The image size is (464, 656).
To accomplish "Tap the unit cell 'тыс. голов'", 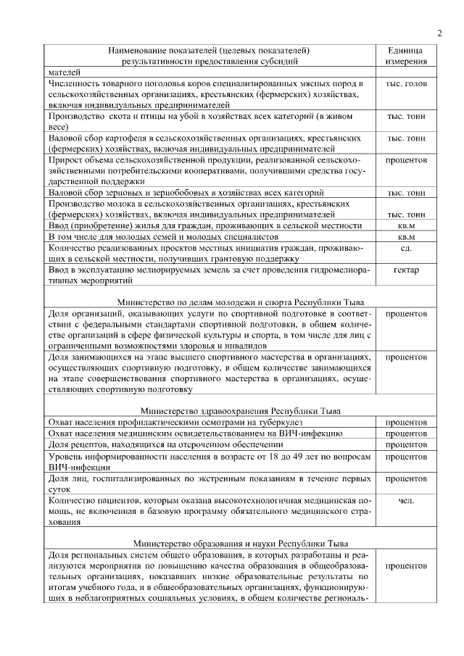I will click(x=406, y=85).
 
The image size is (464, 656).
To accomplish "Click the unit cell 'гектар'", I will click(x=406, y=270).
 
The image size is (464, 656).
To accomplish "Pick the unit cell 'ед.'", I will click(x=406, y=249).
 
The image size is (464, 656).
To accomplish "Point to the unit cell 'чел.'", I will click(x=406, y=500).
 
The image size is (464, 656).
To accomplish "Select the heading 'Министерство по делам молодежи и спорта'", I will click(x=210, y=302).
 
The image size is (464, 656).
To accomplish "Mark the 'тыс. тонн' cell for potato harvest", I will click(x=406, y=137).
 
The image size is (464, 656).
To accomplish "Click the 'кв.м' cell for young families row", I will click(x=406, y=237).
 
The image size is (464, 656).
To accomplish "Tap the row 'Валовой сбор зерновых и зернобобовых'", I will click(x=185, y=193).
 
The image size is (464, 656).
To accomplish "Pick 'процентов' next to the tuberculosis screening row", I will click(x=406, y=422).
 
